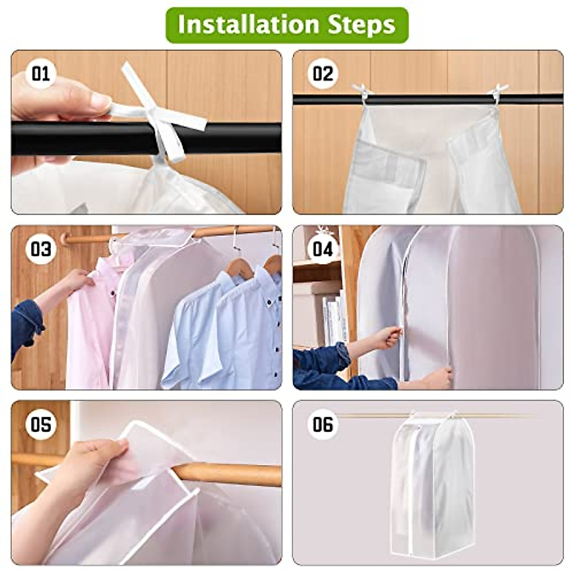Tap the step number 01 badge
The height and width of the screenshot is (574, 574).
[x=41, y=74]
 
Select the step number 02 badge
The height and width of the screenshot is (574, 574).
[x=322, y=74]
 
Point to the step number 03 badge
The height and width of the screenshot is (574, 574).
[x=41, y=249]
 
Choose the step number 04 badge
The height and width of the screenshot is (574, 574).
[x=322, y=249]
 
